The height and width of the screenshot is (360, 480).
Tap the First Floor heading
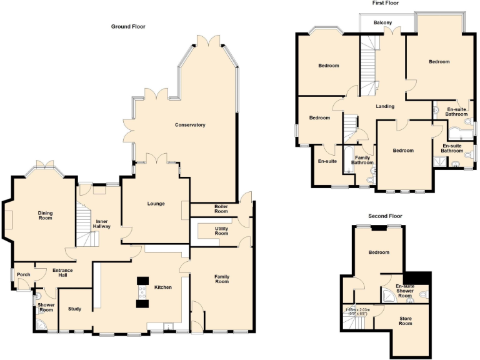[x=385, y=3]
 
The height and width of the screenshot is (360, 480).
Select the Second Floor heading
[x=385, y=216]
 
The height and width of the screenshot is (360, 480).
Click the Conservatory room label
[x=190, y=125]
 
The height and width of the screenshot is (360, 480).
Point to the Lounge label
[x=156, y=204]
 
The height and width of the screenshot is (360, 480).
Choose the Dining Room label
[x=45, y=216]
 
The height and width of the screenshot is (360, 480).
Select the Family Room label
[x=222, y=279]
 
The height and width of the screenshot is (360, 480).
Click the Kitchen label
[x=163, y=287]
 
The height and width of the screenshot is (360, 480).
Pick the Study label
[x=75, y=309]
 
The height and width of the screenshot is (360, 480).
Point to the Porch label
[x=24, y=274]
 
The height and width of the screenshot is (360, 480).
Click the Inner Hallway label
[x=102, y=224]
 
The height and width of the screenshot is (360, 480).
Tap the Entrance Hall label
[x=62, y=272]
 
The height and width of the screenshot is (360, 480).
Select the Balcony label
[x=383, y=23]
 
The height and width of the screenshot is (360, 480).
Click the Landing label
[x=385, y=106]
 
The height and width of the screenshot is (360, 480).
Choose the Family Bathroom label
[x=362, y=161]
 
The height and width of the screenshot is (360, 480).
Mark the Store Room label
[x=406, y=321]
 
